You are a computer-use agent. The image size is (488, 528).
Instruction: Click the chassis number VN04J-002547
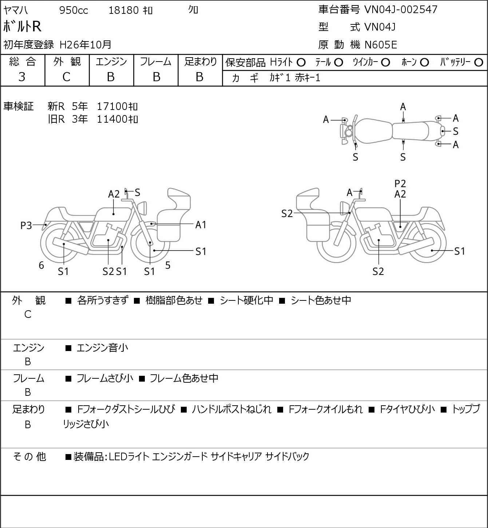pyautogui.click(x=401, y=9)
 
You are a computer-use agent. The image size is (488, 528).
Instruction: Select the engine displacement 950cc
pyautogui.click(x=74, y=10)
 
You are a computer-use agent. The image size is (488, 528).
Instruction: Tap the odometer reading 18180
pyautogui.click(x=124, y=10)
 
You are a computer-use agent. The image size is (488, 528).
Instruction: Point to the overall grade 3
pyautogui.click(x=22, y=77)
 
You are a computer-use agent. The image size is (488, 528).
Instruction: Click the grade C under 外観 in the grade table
pyautogui.click(x=66, y=77)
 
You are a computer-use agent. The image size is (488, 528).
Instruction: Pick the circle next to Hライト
pyautogui.click(x=301, y=63)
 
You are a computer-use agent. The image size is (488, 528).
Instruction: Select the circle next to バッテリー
pyautogui.click(x=479, y=63)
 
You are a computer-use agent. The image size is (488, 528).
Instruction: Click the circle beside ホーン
pyautogui.click(x=424, y=63)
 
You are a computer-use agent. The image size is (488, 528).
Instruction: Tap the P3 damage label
pyautogui.click(x=26, y=226)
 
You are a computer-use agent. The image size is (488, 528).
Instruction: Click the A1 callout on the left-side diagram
pyautogui.click(x=201, y=225)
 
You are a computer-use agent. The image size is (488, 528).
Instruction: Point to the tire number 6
pyautogui.click(x=41, y=265)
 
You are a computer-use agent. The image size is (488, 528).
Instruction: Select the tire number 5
pyautogui.click(x=168, y=265)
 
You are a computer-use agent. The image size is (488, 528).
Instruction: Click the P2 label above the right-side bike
pyautogui.click(x=400, y=184)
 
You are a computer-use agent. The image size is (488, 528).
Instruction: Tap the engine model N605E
pyautogui.click(x=381, y=45)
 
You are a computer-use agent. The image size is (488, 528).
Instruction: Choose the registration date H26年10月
pyautogui.click(x=85, y=45)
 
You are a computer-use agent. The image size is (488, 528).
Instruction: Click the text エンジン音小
pyautogui.click(x=102, y=348)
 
